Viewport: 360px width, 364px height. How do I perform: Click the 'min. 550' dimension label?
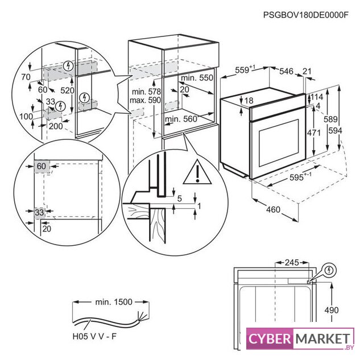pos(197,77)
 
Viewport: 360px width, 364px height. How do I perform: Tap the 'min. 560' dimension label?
pos(181,119)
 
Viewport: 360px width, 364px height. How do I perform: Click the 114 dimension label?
pos(316,97)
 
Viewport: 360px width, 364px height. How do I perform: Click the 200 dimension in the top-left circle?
pos(55,126)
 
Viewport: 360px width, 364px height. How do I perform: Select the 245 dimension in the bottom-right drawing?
pos(291,263)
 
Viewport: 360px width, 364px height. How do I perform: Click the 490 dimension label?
pos(332,311)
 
